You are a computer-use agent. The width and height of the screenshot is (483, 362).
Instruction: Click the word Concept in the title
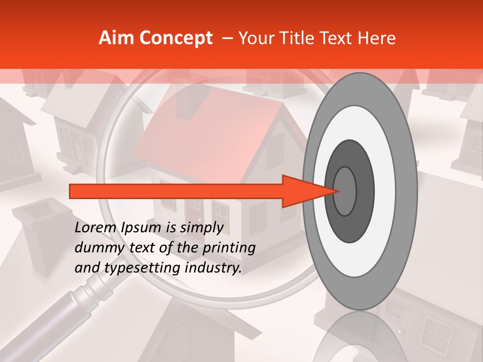(176, 38)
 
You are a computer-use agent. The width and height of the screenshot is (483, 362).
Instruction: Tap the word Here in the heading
(378, 38)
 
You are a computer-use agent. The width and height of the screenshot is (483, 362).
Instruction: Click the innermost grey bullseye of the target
(345, 191)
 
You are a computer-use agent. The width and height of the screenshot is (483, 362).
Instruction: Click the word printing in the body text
(228, 248)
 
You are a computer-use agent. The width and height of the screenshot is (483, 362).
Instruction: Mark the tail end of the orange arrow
(72, 191)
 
